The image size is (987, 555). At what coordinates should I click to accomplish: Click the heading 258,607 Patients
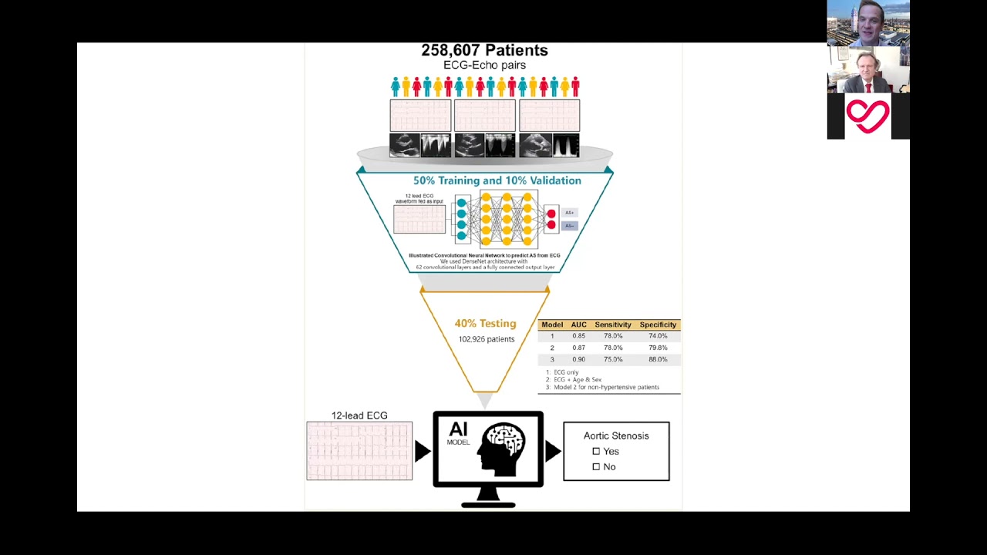484,50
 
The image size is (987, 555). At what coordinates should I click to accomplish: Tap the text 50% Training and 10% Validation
497,180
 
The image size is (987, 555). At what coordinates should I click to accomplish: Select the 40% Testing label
485,324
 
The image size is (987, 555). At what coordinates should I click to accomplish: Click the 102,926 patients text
486,339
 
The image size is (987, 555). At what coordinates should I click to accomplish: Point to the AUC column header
578,325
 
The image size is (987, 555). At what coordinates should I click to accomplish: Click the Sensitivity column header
613,325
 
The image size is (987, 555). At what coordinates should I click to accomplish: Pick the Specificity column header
658,325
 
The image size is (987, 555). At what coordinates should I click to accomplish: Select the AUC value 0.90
578,360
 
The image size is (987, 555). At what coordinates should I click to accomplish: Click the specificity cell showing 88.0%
658,360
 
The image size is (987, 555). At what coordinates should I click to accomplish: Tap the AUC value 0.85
578,336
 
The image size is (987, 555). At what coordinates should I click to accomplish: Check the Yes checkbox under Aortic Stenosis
596,451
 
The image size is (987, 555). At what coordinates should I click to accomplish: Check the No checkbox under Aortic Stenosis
596,466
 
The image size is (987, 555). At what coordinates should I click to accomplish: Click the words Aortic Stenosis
616,436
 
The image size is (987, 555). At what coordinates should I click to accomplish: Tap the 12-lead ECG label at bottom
359,415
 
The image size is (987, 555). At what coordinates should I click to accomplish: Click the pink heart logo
867,116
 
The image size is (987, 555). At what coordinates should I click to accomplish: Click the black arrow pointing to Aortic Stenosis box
553,451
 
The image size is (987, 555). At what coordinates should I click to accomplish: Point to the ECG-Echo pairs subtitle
484,66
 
